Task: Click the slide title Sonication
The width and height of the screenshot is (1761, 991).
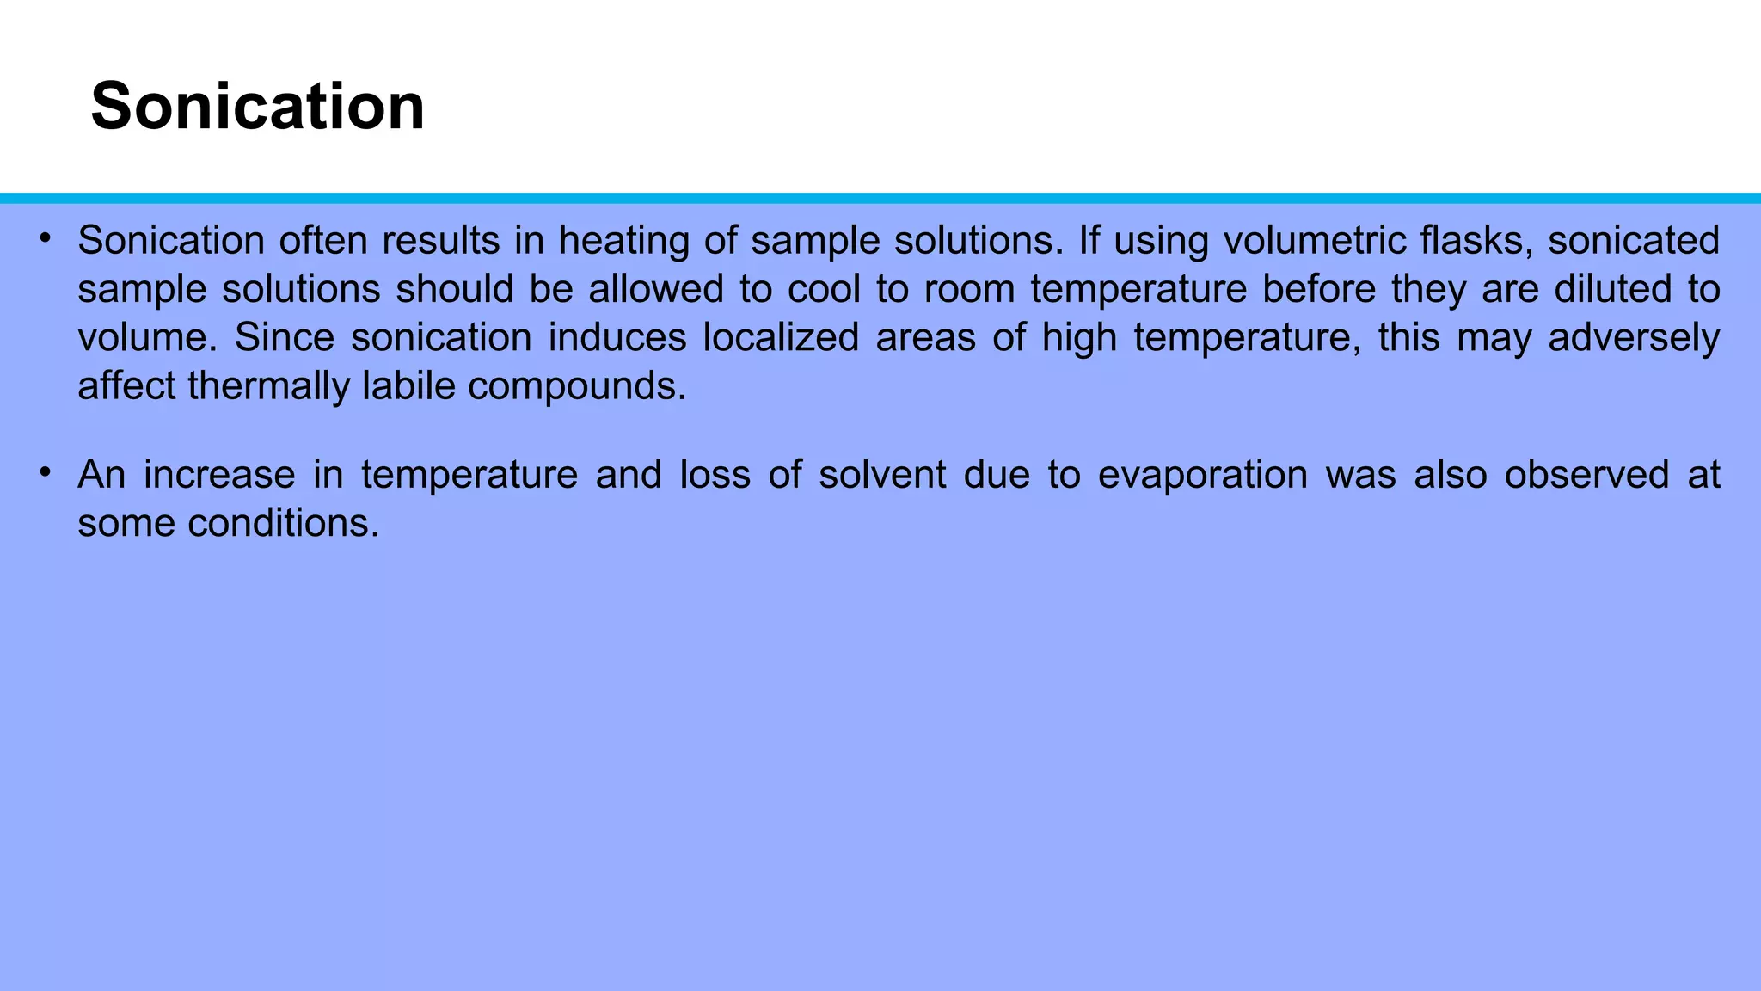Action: pos(257,107)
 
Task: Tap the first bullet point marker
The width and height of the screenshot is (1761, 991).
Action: pos(45,237)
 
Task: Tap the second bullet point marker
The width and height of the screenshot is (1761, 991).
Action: pos(45,471)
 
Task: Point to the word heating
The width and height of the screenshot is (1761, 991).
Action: pos(623,241)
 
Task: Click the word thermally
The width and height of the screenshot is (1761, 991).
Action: pos(267,386)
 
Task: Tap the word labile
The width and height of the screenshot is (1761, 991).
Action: pos(408,385)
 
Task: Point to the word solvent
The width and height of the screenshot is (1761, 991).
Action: pos(881,475)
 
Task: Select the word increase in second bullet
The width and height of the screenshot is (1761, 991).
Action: pos(218,475)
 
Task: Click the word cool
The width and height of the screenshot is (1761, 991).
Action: pos(823,289)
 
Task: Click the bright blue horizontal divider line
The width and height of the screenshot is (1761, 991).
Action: pos(880,198)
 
